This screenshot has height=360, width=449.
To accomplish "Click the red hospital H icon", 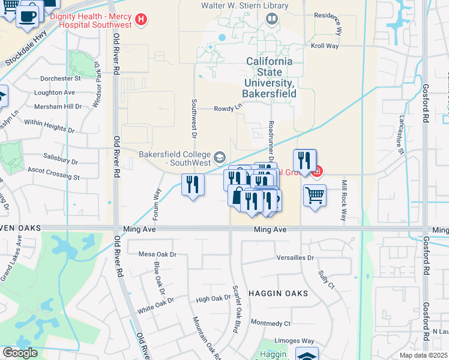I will point(141,20).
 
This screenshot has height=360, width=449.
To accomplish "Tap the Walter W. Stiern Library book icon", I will point(272,19).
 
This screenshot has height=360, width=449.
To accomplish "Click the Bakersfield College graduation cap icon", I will point(220,158).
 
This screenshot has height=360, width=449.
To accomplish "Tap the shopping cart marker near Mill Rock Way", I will point(315,196).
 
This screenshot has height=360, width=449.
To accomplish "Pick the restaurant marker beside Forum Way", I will point(192,184).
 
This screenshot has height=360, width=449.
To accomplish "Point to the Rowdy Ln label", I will point(228,108).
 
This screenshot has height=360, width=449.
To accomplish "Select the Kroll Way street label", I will point(325,46).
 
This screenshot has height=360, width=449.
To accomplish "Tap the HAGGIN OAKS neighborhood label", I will point(283,293).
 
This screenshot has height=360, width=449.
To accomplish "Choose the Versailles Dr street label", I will point(294,257).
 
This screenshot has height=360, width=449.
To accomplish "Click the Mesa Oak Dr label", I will point(158,254).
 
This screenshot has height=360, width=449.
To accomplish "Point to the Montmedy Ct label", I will point(270,323).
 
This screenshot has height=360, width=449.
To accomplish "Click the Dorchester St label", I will point(60,79).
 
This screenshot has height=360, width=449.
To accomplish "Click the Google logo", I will point(19,353).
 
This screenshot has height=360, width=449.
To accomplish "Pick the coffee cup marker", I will point(28,16).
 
